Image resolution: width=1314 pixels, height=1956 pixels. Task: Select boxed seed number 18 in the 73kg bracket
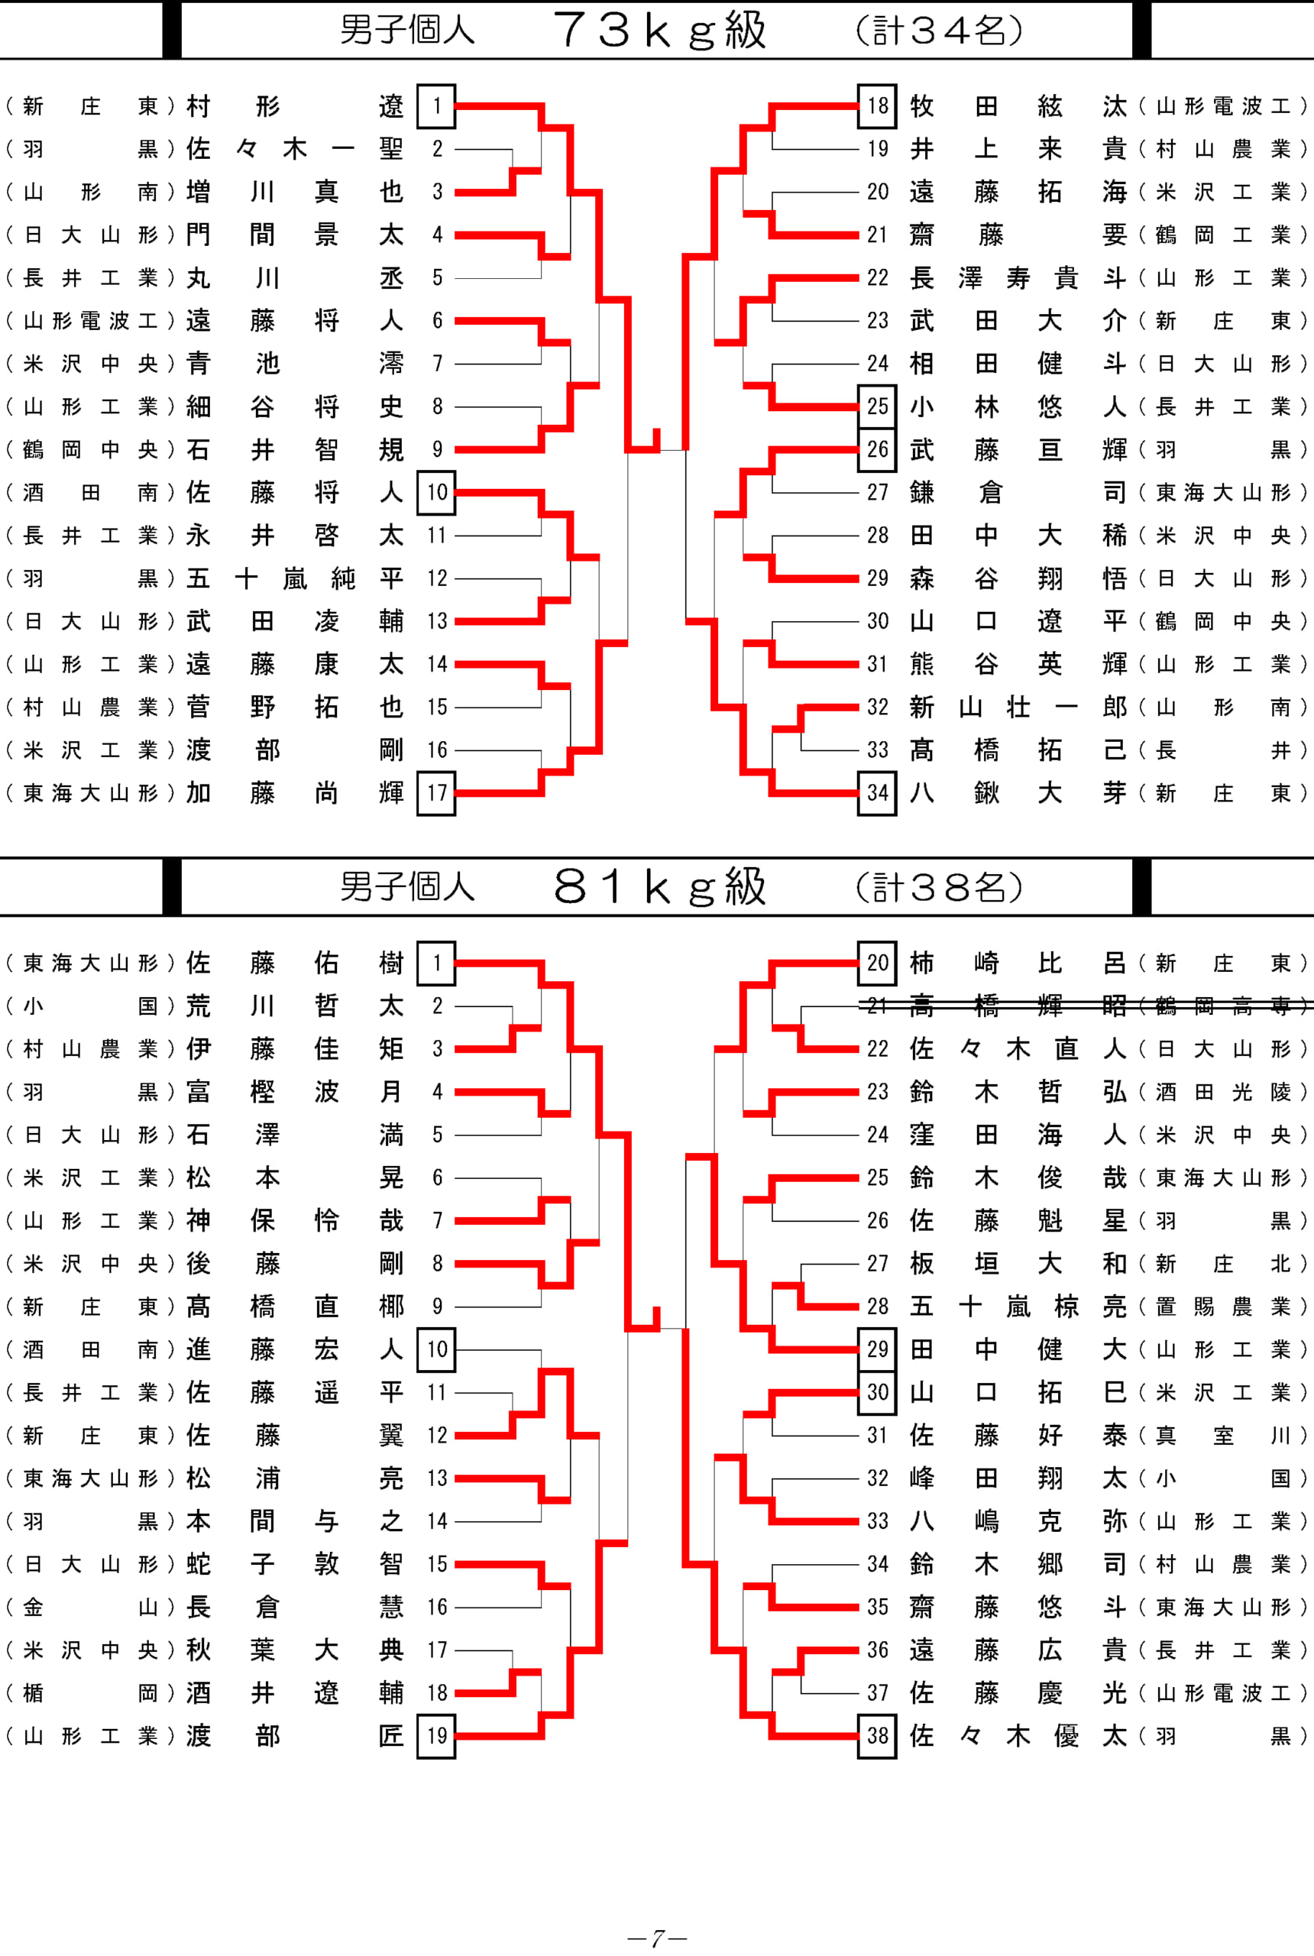tap(877, 105)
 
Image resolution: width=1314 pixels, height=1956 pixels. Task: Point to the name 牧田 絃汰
tap(1018, 105)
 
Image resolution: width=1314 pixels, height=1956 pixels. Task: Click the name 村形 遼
tap(295, 105)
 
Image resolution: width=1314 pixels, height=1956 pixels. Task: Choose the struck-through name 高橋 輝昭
tap(1018, 1006)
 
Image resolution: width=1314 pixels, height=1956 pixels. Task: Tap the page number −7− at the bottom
tap(657, 1938)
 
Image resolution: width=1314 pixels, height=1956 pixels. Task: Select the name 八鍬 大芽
tap(1018, 792)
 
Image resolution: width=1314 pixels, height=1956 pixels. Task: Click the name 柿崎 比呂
tap(1018, 963)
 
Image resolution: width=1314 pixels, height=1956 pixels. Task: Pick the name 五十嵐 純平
tap(295, 578)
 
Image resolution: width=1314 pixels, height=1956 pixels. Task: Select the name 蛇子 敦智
tap(295, 1563)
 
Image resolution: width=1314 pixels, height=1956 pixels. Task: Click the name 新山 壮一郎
tap(1018, 707)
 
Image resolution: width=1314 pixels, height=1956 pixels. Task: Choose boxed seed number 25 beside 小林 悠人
tap(877, 406)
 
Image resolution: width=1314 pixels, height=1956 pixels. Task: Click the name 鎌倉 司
tap(1018, 492)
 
